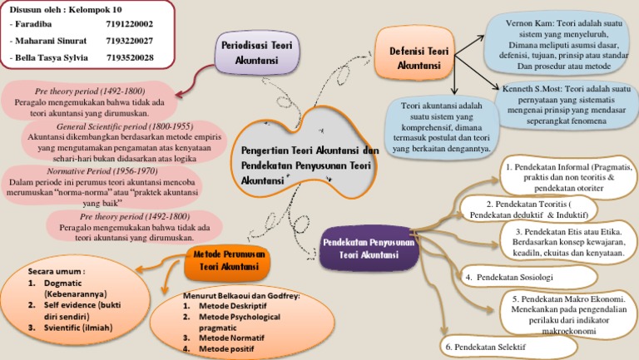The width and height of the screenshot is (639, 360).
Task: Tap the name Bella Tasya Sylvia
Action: tap(51, 57)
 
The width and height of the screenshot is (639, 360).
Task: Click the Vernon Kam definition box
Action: tap(559, 42)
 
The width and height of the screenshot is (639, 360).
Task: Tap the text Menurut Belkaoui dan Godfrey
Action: tap(241, 296)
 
